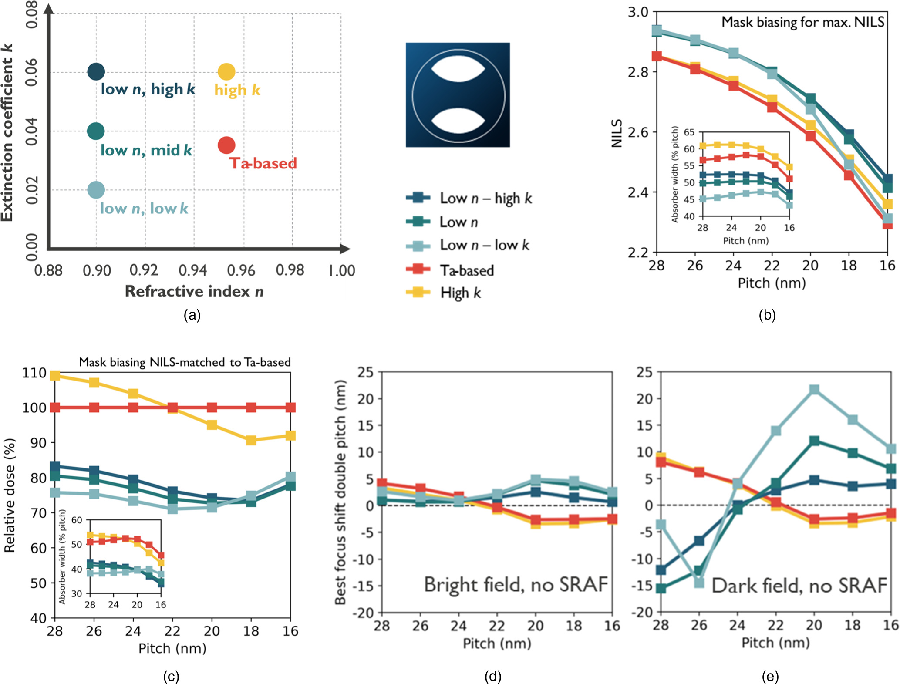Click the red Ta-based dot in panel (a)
(x=226, y=145)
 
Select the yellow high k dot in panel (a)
(x=226, y=72)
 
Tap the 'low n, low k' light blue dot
(x=96, y=190)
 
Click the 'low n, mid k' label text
(x=146, y=151)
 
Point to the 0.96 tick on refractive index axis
(x=241, y=270)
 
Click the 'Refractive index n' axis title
(x=194, y=291)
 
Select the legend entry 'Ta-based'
(x=466, y=270)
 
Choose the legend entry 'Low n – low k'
(x=484, y=245)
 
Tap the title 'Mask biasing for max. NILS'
(x=802, y=22)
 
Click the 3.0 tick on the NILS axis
(x=638, y=12)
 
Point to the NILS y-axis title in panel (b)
(x=617, y=133)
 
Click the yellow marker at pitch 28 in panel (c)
(x=55, y=375)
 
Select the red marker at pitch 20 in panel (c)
(x=212, y=408)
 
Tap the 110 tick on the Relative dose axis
(x=34, y=373)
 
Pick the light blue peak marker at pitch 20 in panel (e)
(x=814, y=389)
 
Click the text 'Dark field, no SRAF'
(x=799, y=586)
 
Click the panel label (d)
(x=493, y=677)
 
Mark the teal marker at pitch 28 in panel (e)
(x=661, y=589)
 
